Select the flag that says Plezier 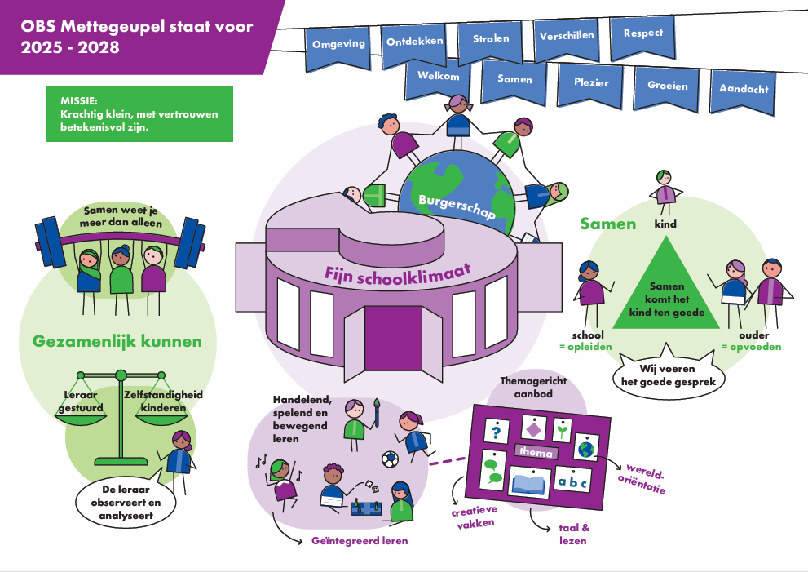pos(590,82)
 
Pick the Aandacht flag pos(743,90)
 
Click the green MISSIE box pos(139,113)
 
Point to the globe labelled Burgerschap pos(457,200)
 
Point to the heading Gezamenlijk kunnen pos(117,341)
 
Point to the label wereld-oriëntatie pos(647,480)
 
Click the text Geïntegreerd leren pos(360,541)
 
